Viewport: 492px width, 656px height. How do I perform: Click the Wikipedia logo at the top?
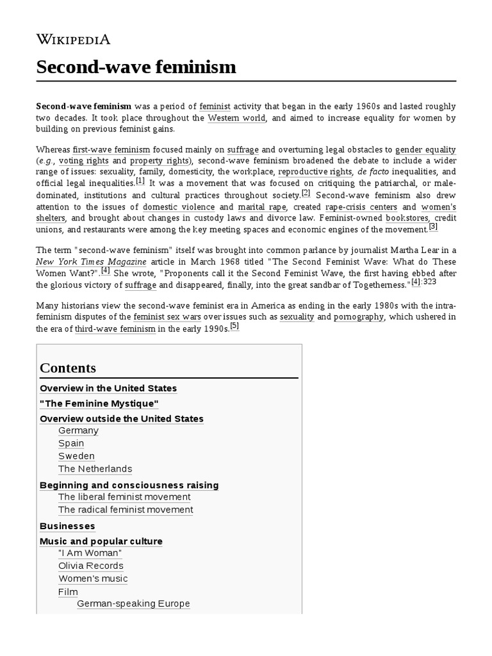pos(73,40)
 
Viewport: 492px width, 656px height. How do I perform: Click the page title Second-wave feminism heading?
pos(136,67)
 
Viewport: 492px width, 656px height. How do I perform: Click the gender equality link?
pos(425,149)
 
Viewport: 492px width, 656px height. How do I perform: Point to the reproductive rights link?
pos(315,172)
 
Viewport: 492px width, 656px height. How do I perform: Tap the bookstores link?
pos(407,218)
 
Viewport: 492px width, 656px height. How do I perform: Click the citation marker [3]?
pos(433,227)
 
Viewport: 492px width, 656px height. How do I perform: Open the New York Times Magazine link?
pos(91,261)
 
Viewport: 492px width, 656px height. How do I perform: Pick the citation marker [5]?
pos(234,325)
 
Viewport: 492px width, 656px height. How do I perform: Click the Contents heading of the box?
pos(68,368)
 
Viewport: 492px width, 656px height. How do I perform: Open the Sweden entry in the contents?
pos(76,456)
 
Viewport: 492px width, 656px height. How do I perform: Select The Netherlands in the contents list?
pos(95,469)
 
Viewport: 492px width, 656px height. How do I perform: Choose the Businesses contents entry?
pos(67,526)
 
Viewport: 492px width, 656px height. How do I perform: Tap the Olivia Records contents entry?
pos(90,566)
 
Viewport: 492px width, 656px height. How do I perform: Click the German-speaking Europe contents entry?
pos(133,603)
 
